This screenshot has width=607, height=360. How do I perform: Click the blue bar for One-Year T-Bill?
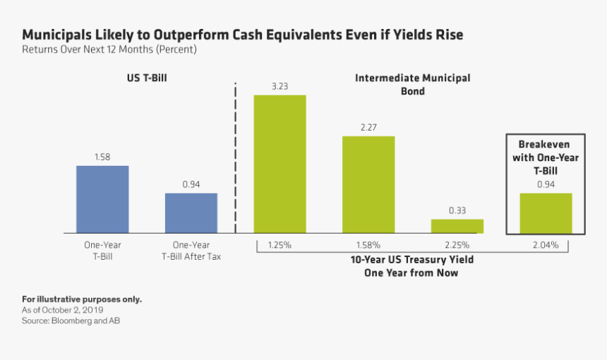click(x=102, y=199)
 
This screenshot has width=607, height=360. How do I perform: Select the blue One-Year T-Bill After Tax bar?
click(x=191, y=212)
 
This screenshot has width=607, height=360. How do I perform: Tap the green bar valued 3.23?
click(x=280, y=164)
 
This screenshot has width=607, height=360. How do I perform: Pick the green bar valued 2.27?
click(x=368, y=184)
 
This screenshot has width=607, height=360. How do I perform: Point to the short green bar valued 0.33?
click(x=457, y=226)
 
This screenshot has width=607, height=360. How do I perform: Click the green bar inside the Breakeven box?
click(x=546, y=212)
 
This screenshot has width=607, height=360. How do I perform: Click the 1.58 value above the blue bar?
click(x=102, y=157)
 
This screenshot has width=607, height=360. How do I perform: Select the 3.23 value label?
click(x=280, y=86)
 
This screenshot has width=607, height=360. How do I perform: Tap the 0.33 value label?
click(x=457, y=210)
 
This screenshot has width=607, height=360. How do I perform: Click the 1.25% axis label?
click(x=280, y=245)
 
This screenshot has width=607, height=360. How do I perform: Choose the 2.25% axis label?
click(x=457, y=245)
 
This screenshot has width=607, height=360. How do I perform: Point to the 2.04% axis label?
click(x=546, y=245)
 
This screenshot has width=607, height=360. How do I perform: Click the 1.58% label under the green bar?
click(x=368, y=245)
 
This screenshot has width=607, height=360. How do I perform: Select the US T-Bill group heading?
click(x=146, y=78)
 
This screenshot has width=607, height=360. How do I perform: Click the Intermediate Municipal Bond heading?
click(x=412, y=84)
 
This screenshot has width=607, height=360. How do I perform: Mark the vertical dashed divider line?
click(x=235, y=155)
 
